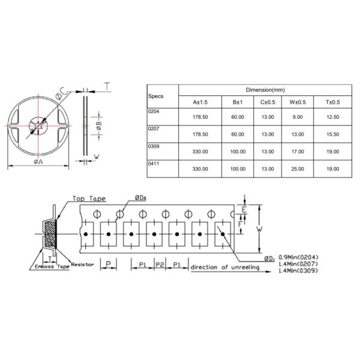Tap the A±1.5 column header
pos(200,102)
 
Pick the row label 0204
pos(154,112)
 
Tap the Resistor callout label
pos(83,264)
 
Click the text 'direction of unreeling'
pos(225,267)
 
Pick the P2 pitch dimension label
pos(160,265)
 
